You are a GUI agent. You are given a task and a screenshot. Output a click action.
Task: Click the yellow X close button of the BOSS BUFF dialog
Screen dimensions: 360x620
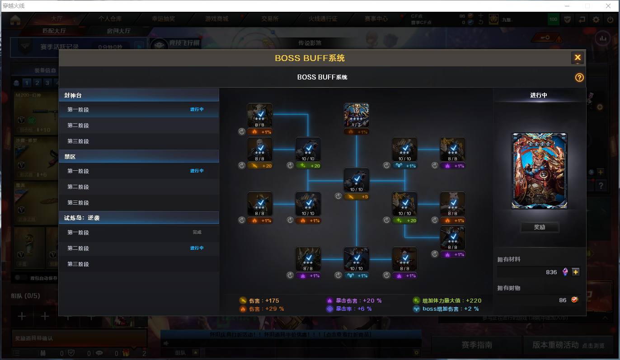click(577, 58)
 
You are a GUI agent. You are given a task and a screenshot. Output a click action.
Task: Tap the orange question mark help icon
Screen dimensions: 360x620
click(579, 77)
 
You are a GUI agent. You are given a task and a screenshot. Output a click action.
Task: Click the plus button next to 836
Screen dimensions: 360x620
click(575, 272)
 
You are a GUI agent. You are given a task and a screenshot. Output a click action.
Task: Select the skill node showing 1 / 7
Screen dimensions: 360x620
click(356, 115)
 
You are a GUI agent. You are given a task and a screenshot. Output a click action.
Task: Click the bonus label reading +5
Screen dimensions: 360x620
click(356, 196)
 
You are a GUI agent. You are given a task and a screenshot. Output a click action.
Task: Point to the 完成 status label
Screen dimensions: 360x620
click(197, 232)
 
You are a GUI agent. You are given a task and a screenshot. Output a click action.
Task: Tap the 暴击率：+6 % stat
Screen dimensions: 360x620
click(353, 309)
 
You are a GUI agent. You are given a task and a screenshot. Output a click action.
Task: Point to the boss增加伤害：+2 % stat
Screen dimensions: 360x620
click(450, 309)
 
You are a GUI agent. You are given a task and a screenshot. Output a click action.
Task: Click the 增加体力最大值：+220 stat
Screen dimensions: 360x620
click(451, 300)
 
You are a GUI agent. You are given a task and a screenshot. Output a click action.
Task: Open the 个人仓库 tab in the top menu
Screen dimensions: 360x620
click(110, 19)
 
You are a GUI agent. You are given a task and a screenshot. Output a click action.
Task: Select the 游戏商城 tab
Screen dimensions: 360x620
click(216, 19)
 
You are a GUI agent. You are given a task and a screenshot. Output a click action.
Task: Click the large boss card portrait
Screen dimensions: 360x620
click(539, 171)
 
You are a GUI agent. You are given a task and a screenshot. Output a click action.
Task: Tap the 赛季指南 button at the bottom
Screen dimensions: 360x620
click(476, 345)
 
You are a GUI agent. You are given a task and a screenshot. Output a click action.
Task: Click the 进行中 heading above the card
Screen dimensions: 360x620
click(539, 95)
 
